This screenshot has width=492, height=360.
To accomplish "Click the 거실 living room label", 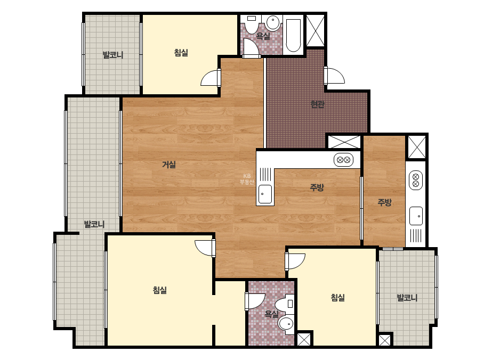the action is point(169,165).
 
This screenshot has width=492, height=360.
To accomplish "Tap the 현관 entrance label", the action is point(317,104).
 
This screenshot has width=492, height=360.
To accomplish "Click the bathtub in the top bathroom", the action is point(293,36).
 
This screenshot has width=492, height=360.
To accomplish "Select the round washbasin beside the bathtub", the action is point(273,22).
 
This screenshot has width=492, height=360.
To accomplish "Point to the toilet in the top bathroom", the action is point(251,24).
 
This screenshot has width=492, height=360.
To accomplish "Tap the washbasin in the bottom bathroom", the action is point(286,323).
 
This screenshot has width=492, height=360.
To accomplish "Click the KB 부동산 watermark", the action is point(247,179).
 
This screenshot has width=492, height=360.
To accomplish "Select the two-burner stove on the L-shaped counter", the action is point(344,160).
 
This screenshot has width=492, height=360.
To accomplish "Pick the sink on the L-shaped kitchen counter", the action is point(265,194).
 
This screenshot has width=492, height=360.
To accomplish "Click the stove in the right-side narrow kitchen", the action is point(416,181).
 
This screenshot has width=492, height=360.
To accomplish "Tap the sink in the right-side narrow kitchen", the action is point(416,216).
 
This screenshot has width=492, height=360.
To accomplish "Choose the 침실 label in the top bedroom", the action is point(181,52).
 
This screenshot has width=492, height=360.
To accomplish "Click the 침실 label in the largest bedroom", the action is point(160,290).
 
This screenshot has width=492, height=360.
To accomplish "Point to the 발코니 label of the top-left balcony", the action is point(113,55).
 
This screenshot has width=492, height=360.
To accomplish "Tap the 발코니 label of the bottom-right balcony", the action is point(407,298).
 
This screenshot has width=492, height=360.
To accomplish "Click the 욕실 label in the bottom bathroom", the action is point(271,314).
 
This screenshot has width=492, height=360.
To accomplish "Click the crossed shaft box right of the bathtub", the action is point(316,30).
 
